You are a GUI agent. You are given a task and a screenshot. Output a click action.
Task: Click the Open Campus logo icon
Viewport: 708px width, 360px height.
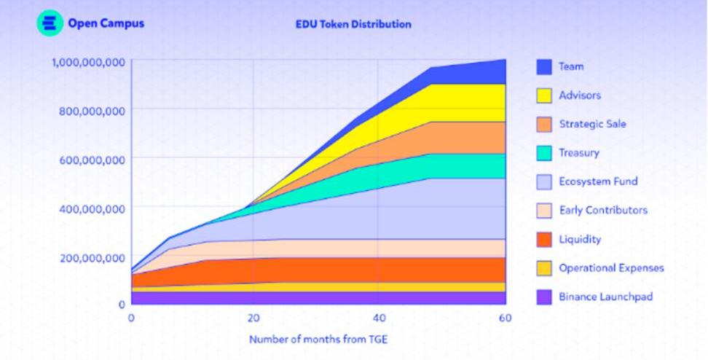[50, 23]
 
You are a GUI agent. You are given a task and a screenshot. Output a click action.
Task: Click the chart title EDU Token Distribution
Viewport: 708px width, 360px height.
[353, 24]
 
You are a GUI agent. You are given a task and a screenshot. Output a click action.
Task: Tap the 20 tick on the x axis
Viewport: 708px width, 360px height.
[253, 318]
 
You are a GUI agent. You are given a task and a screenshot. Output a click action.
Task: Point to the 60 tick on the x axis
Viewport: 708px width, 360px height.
[505, 318]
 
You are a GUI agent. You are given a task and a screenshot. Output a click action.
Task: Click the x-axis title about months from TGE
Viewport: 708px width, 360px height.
[319, 340]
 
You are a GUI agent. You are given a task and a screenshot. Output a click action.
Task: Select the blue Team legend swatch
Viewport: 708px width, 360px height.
[543, 67]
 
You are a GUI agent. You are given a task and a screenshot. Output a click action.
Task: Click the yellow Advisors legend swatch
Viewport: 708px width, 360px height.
[543, 95]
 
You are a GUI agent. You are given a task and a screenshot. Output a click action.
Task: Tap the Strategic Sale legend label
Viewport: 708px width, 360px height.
[592, 124]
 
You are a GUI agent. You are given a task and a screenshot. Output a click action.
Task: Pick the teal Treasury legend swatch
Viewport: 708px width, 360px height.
[543, 153]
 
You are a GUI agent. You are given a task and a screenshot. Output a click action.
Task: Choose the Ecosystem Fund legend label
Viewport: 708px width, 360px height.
[598, 181]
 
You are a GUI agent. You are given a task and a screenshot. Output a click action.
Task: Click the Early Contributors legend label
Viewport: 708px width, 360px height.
[603, 211]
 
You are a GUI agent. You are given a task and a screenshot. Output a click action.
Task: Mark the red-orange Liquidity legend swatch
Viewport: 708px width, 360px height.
[543, 240]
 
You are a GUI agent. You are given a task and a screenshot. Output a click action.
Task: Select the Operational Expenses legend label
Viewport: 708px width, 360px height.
[611, 268]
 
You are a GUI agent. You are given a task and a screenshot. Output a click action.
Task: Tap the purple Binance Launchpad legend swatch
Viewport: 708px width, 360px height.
[543, 297]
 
